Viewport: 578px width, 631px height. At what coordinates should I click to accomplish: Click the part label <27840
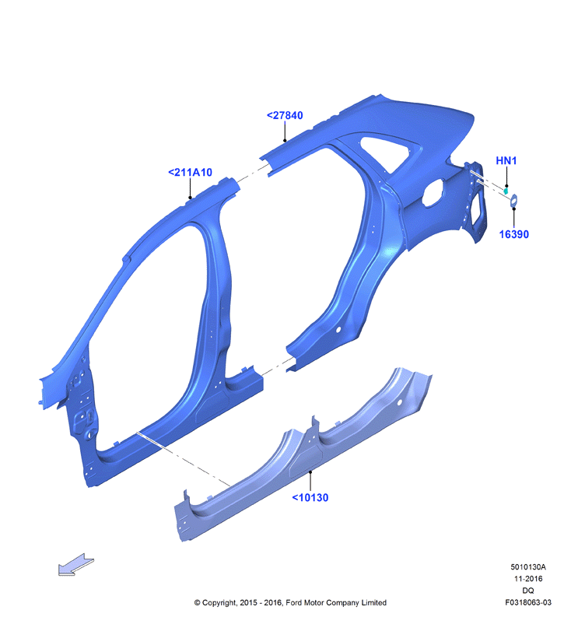pyautogui.click(x=285, y=115)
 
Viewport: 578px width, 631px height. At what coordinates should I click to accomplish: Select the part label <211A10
pyautogui.click(x=190, y=172)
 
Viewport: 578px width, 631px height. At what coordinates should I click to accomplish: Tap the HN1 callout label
pyautogui.click(x=506, y=160)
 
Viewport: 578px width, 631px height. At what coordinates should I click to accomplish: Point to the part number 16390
pyautogui.click(x=513, y=234)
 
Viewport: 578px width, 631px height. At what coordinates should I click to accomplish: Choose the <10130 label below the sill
pyautogui.click(x=310, y=497)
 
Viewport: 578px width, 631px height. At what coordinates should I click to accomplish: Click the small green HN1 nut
pyautogui.click(x=506, y=190)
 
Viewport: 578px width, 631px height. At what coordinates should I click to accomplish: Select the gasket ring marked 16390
pyautogui.click(x=513, y=201)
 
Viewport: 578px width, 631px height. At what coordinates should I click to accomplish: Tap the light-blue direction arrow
pyautogui.click(x=76, y=564)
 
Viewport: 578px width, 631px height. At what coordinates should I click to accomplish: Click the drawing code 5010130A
pyautogui.click(x=528, y=567)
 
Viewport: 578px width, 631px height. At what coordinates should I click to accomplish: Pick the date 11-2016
pyautogui.click(x=528, y=579)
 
